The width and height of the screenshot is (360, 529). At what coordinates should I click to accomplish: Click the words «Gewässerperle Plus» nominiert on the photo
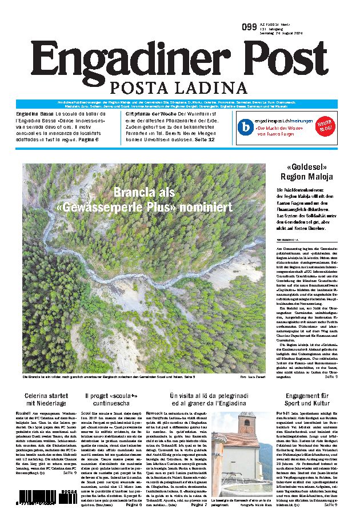(143, 206)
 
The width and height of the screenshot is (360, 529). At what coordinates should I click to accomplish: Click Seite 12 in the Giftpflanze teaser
(203, 140)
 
